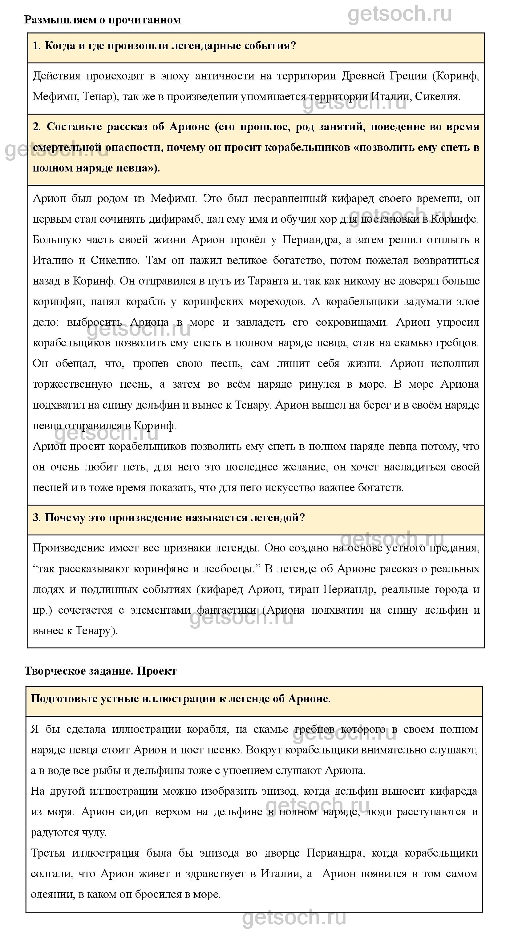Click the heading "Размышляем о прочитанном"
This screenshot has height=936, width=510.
pos(103,20)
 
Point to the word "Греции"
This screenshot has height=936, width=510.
pos(409,76)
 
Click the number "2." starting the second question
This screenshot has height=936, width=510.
pos(37,127)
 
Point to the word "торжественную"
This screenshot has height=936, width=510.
pos(72,384)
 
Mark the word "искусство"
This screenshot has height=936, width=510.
pos(290,487)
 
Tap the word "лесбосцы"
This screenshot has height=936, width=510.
pos(230,569)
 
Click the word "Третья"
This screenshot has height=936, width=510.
pos(48,853)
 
